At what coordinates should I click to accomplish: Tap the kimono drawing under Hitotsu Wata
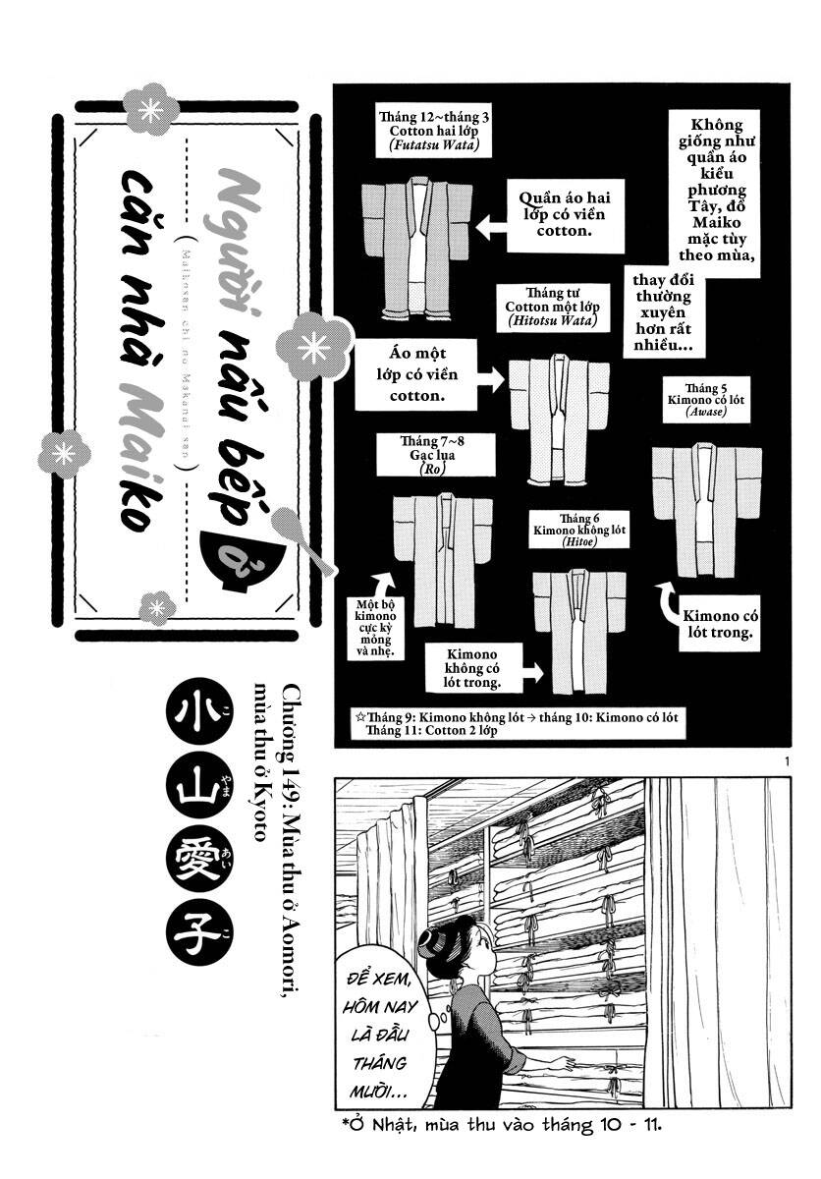tap(558, 418)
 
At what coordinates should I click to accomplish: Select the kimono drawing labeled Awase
tap(707, 508)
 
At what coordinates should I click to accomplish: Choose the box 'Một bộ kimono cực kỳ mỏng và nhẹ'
tap(373, 630)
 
